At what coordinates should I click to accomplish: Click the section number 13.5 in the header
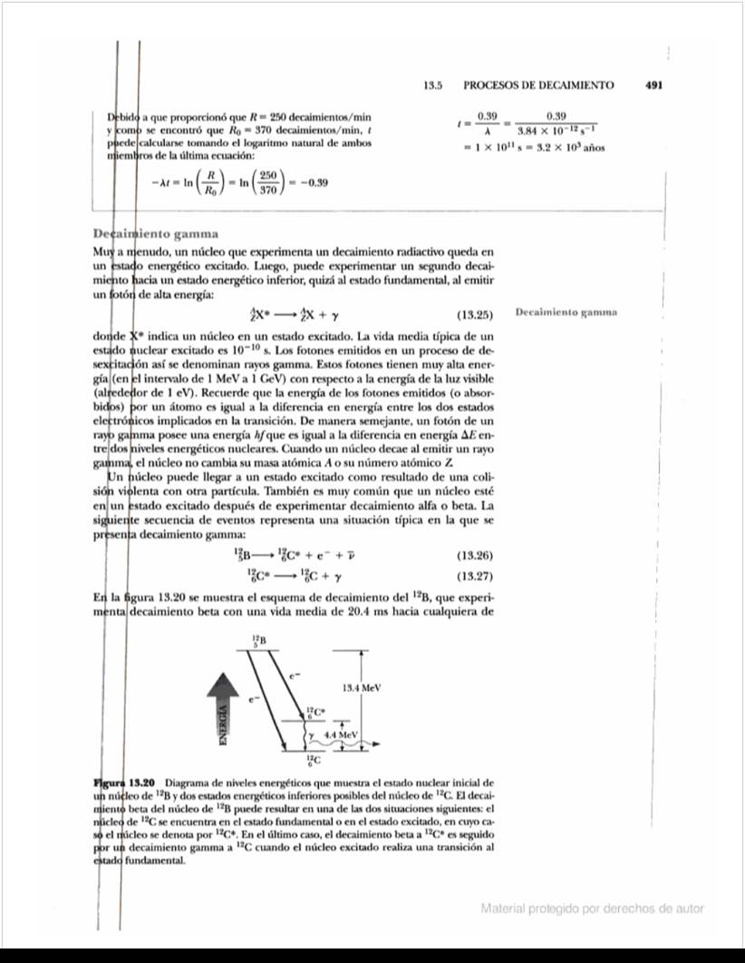tap(432, 85)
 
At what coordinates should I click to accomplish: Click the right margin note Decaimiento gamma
tap(566, 312)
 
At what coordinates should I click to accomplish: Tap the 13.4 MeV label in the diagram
tap(360, 687)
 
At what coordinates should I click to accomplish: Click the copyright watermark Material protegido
tap(592, 908)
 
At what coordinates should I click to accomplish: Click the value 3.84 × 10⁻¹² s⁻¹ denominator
tap(556, 131)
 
